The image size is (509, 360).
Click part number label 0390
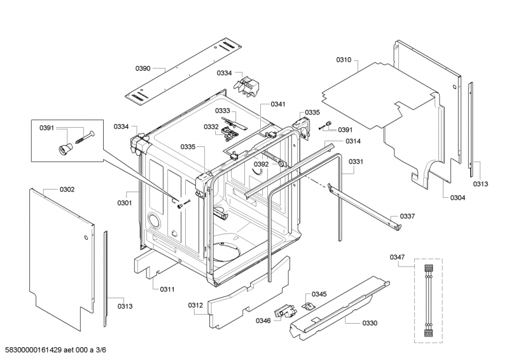pyautogui.click(x=143, y=68)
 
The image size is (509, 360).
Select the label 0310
pyautogui.click(x=344, y=60)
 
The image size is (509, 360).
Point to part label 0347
pyautogui.click(x=397, y=257)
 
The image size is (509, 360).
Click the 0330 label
pyautogui.click(x=370, y=323)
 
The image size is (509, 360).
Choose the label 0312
pyautogui.click(x=195, y=306)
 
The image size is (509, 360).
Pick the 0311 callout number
pyautogui.click(x=167, y=289)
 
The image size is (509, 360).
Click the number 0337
pyautogui.click(x=407, y=216)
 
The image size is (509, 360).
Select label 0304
pyautogui.click(x=457, y=198)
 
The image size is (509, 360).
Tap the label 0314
pyautogui.click(x=353, y=141)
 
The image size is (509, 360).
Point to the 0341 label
pyautogui.click(x=278, y=104)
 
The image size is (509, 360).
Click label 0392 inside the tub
pyautogui.click(x=261, y=164)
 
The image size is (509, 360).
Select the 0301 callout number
pyautogui.click(x=124, y=203)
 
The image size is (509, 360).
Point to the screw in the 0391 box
pyautogui.click(x=84, y=135)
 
